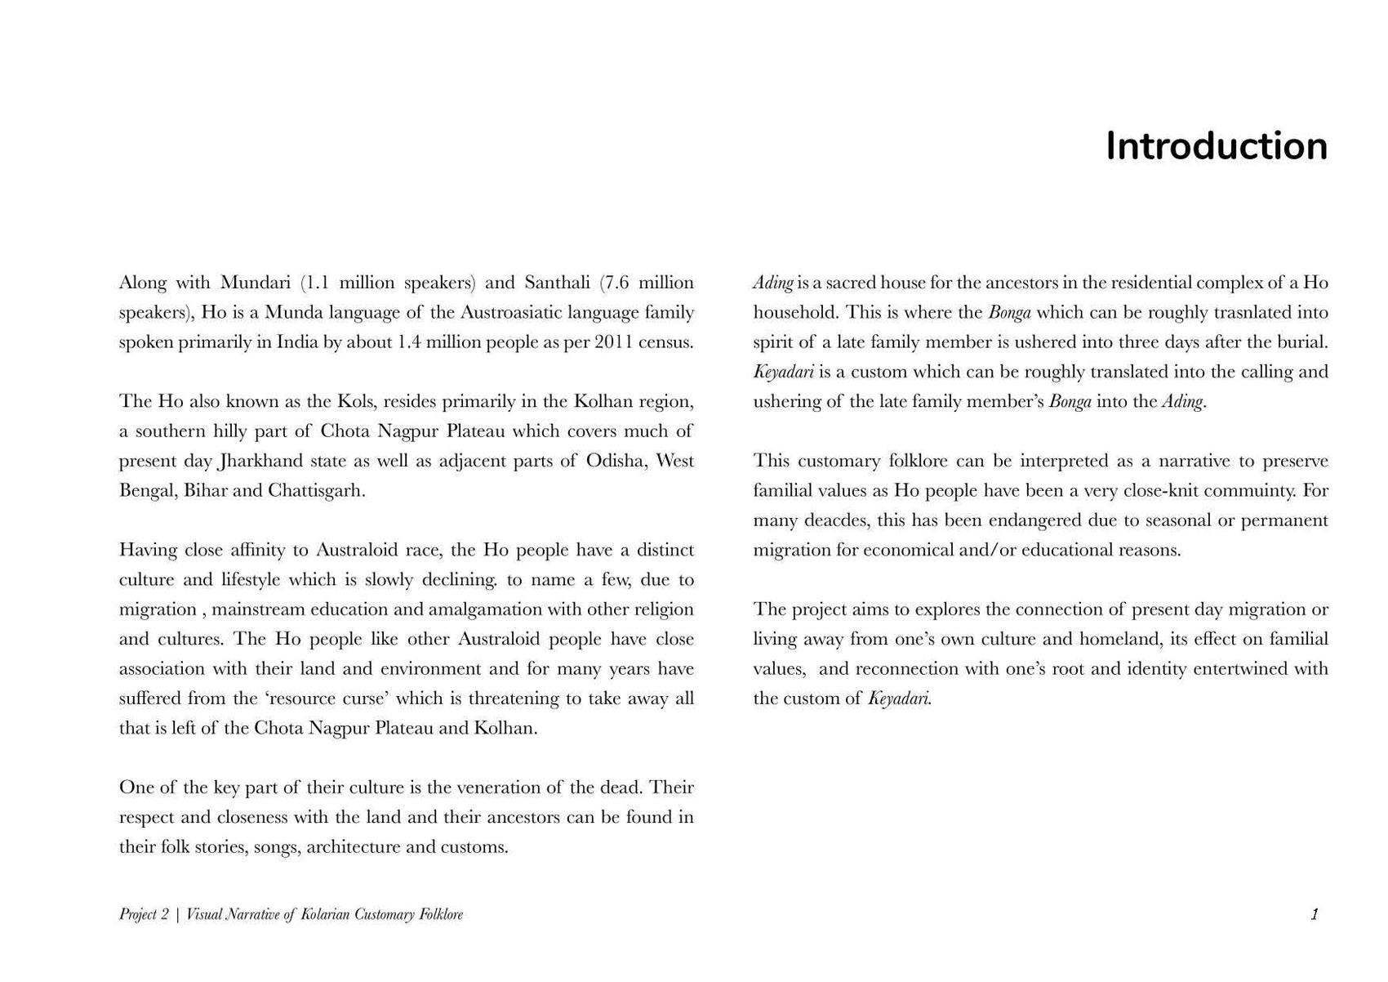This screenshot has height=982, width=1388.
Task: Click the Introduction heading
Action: coord(1216,147)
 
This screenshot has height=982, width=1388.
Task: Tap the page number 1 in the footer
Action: coord(1315,914)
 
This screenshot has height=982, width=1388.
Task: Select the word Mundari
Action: coord(256,283)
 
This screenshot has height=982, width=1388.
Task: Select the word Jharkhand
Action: coord(261,461)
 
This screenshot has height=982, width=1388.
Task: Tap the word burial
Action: coord(1304,342)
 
